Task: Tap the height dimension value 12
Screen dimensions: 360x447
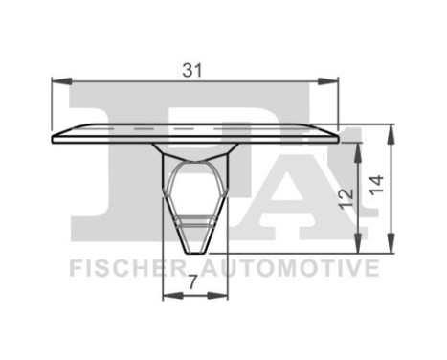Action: click(346, 197)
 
